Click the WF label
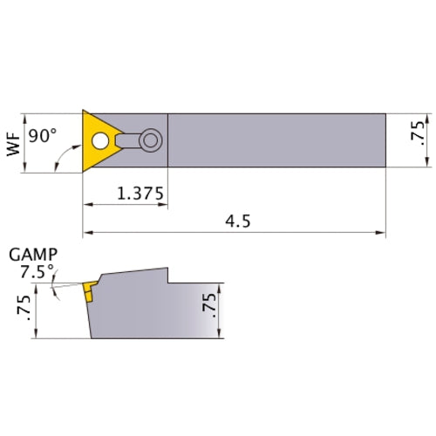pos(14,142)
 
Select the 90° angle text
pos(44,136)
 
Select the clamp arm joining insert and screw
pos(129,139)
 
